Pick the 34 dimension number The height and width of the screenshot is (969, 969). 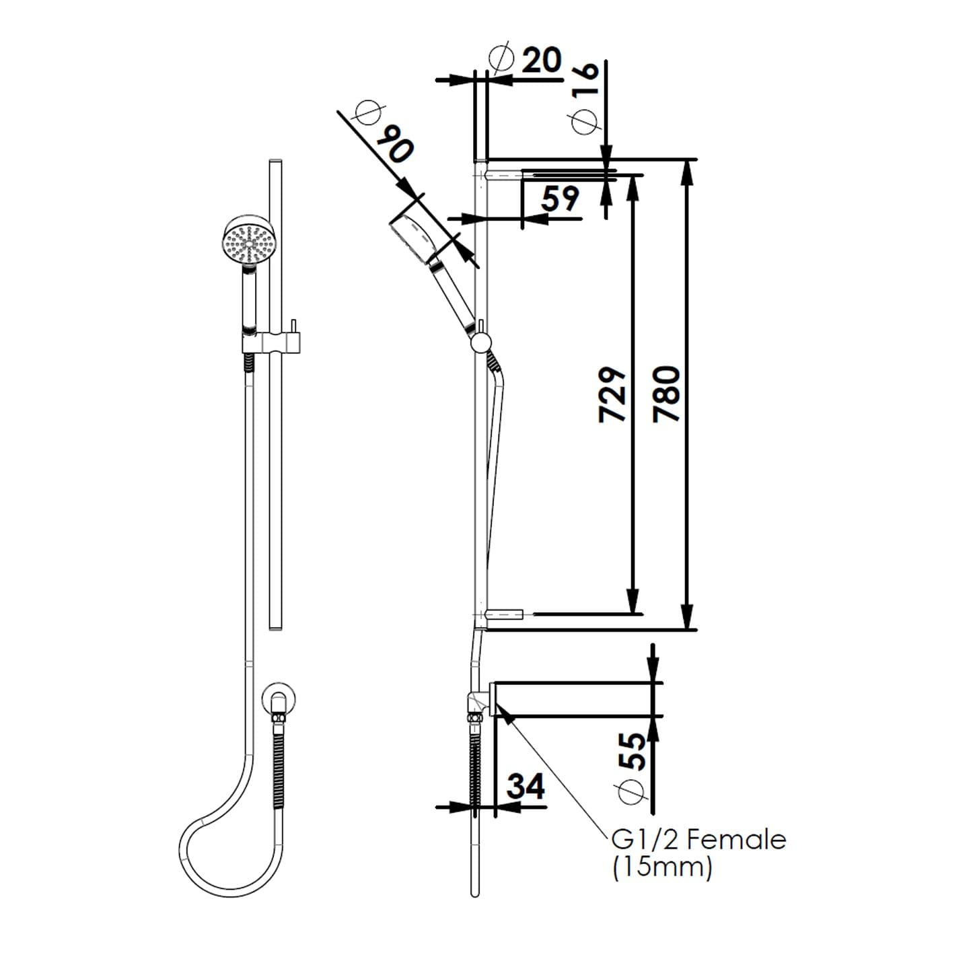click(526, 785)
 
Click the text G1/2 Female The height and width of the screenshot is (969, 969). click(698, 840)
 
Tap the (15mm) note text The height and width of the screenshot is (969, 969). click(661, 867)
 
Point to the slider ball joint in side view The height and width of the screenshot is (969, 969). click(480, 343)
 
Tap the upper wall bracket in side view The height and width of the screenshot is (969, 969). click(502, 176)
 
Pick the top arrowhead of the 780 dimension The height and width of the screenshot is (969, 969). click(687, 172)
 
